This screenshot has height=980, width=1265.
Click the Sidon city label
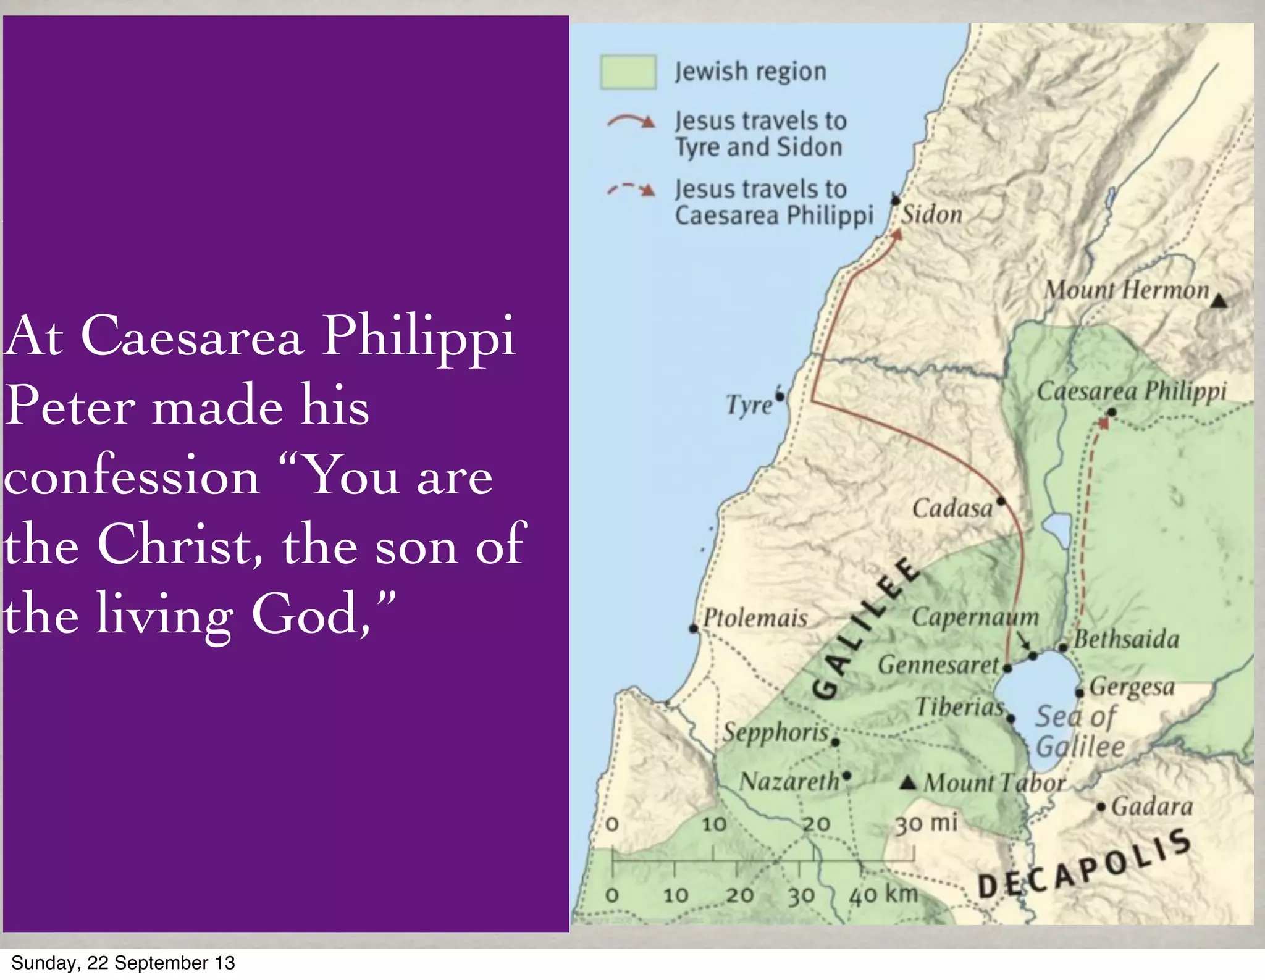pos(931,215)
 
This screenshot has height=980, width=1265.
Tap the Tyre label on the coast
pos(749,405)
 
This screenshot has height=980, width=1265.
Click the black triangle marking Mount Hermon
pos(1218,301)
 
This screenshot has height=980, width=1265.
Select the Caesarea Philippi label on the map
pos(1132,392)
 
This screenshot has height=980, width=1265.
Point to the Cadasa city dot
pos(1001,501)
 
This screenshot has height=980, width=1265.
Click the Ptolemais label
pos(755,618)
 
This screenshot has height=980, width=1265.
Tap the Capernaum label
pos(975,617)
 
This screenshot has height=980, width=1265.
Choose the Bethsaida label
pos(1127,639)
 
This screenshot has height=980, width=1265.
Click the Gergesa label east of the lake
pos(1132,686)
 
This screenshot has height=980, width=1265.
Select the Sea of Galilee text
pos(1078,732)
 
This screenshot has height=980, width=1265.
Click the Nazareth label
pos(789,782)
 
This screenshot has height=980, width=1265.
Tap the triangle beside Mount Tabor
pos(907,783)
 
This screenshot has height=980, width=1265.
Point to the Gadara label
pos(1152,806)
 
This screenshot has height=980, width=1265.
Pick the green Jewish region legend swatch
pos(628,72)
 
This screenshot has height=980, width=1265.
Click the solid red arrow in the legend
pos(630,120)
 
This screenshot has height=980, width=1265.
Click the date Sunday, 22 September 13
pos(123,963)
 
